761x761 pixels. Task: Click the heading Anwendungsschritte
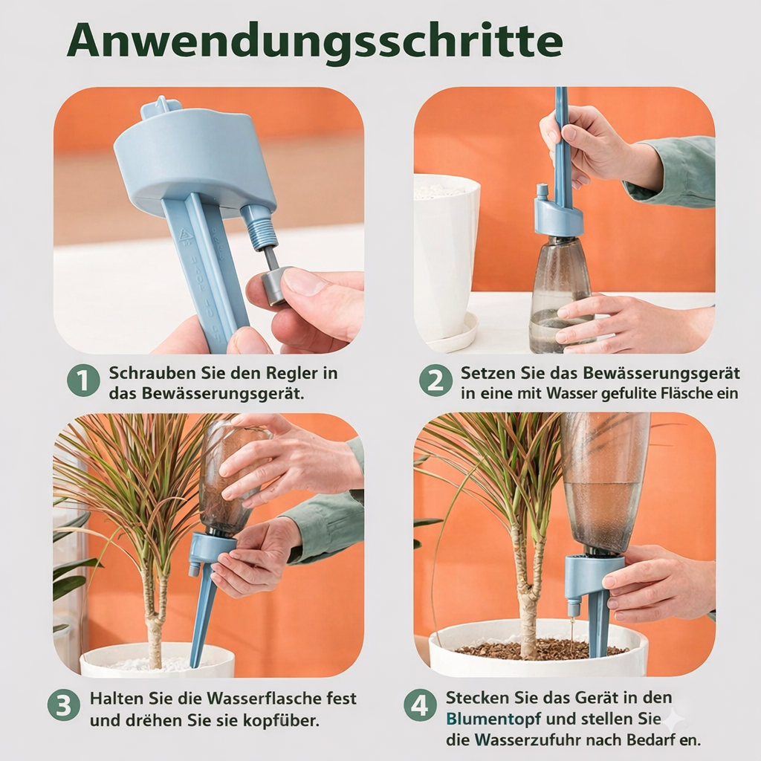tap(314, 42)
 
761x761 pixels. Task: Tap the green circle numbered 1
tap(83, 381)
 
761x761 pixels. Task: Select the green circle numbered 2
tap(435, 381)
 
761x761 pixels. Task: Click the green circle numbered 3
tap(64, 705)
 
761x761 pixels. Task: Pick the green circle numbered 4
tap(420, 705)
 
